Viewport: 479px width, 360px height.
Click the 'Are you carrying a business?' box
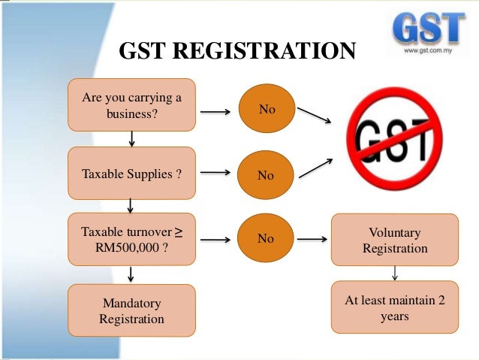pos(131,105)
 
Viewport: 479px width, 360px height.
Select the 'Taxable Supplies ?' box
pos(131,174)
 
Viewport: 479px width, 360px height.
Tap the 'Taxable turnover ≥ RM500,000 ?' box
pos(131,240)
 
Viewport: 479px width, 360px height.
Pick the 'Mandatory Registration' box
pos(131,311)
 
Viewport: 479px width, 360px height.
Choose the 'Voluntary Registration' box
pos(395,240)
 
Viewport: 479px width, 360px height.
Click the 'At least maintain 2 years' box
pos(395,307)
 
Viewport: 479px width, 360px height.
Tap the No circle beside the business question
pos(267,110)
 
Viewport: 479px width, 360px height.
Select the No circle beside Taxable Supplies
pos(266,175)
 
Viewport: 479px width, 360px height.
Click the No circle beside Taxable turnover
pos(266,239)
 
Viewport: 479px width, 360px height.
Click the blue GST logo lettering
pos(427,27)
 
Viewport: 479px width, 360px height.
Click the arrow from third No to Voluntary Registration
pos(312,240)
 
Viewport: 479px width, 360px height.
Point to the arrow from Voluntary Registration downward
pos(395,271)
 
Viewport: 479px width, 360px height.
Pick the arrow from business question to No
pos(216,113)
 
